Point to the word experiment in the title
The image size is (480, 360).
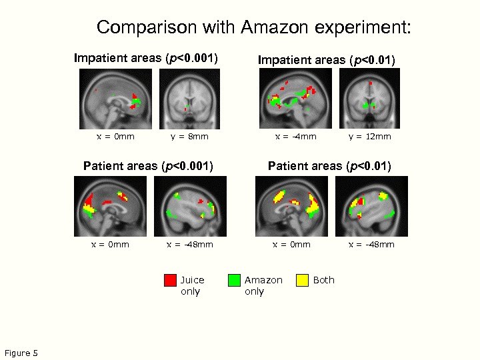point(371,28)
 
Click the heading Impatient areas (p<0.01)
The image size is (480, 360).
point(327,61)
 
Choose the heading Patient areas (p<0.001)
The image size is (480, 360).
point(148,165)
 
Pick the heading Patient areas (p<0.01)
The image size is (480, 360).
point(329,165)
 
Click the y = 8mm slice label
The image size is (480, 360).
point(189,137)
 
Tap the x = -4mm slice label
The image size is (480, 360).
point(296,137)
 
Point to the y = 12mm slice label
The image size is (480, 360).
point(370,137)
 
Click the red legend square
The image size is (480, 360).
point(170,280)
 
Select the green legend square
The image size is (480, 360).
point(234,280)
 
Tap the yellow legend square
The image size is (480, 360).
point(303,280)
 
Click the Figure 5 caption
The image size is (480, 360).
point(21,353)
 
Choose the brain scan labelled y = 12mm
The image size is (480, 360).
point(369,99)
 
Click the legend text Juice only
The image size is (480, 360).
point(192,285)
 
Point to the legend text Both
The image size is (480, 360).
point(324,280)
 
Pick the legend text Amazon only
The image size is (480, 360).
point(263,285)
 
